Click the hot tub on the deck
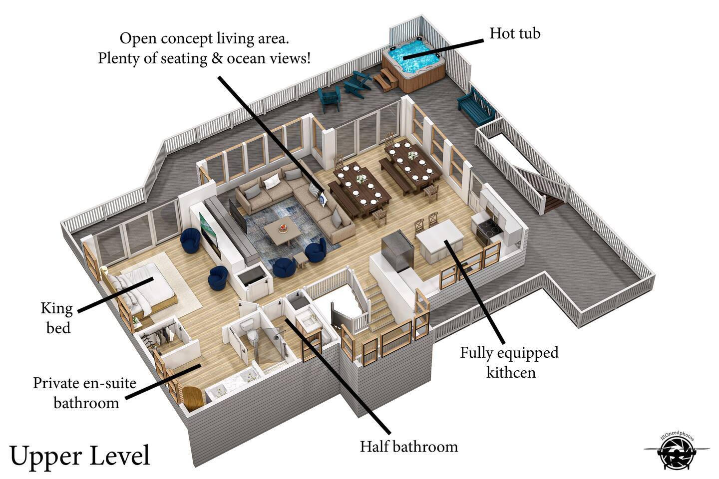coord(413,65)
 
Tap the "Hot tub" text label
coord(514,33)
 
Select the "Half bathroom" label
coord(408,447)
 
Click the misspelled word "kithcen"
coord(511,373)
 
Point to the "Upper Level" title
coord(80,456)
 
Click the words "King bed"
coord(57,318)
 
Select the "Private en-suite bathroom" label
coord(85,393)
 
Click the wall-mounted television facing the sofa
coord(237,215)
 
